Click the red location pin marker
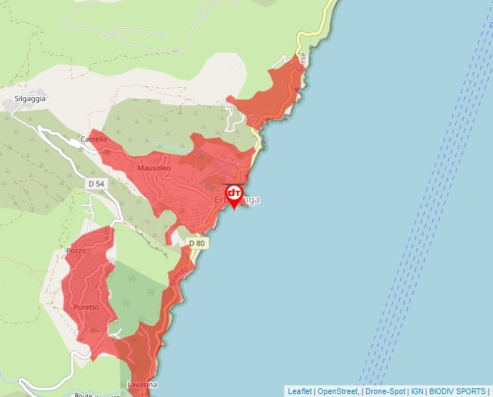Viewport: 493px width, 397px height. (x=234, y=197)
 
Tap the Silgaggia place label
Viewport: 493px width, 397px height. (x=30, y=99)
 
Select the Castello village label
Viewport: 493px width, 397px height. (x=94, y=139)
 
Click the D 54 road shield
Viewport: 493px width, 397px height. (x=96, y=184)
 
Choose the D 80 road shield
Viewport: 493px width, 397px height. (x=197, y=243)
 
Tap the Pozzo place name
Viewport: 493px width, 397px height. (x=75, y=251)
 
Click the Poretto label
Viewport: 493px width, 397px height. (x=88, y=308)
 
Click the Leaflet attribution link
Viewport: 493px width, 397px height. (x=299, y=391)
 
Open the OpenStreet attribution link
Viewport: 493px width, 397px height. (x=338, y=391)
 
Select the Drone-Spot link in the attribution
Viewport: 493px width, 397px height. (x=385, y=391)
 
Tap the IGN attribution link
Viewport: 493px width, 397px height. (x=417, y=391)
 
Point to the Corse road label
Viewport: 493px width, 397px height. (x=302, y=61)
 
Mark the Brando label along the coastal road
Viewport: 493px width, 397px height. (x=179, y=276)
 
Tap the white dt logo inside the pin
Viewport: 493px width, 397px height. (x=234, y=193)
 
